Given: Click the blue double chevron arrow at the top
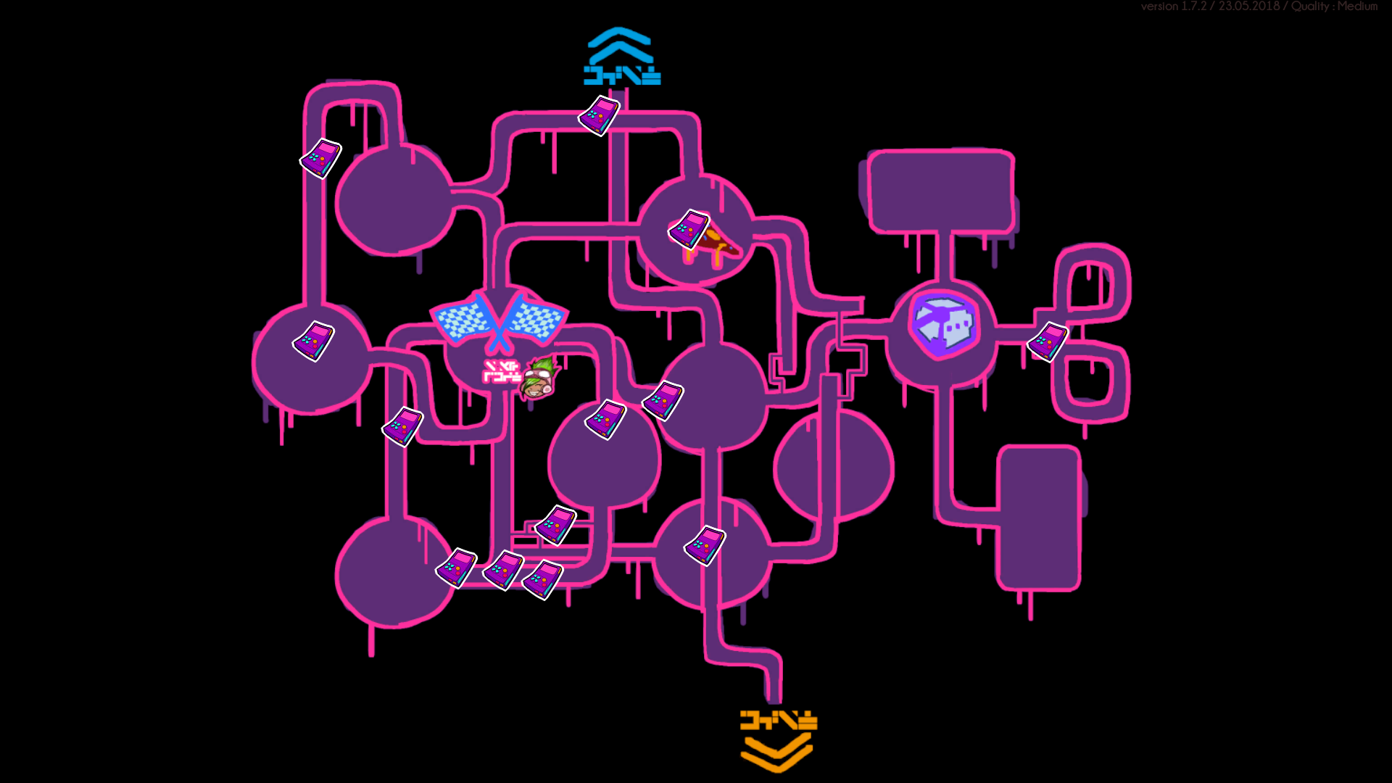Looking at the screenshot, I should pos(619,46).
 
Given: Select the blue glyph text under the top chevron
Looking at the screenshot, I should pos(622,75).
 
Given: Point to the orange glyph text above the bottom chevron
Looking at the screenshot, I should pos(778,720).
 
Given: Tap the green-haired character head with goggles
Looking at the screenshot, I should pos(539,378).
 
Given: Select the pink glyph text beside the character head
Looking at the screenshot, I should pos(502,371).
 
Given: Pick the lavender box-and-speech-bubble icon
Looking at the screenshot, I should pos(942,326).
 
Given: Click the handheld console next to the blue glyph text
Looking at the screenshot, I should pos(599,116).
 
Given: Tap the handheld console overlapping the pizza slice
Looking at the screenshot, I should pos(689,229).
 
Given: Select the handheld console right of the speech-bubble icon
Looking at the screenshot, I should pos(1048,342).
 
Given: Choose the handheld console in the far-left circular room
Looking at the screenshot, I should pos(313,341).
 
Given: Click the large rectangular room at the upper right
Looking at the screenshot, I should pos(940,191).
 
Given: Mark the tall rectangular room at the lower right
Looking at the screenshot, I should pos(1039,518).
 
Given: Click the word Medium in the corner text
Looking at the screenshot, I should pos(1357,7).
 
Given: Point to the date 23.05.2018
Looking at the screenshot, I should pos(1248,7).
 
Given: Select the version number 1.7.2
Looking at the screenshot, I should pos(1194,7).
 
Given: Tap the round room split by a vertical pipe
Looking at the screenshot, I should pos(834,467).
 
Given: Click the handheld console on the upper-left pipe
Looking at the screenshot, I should pos(320,159).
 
